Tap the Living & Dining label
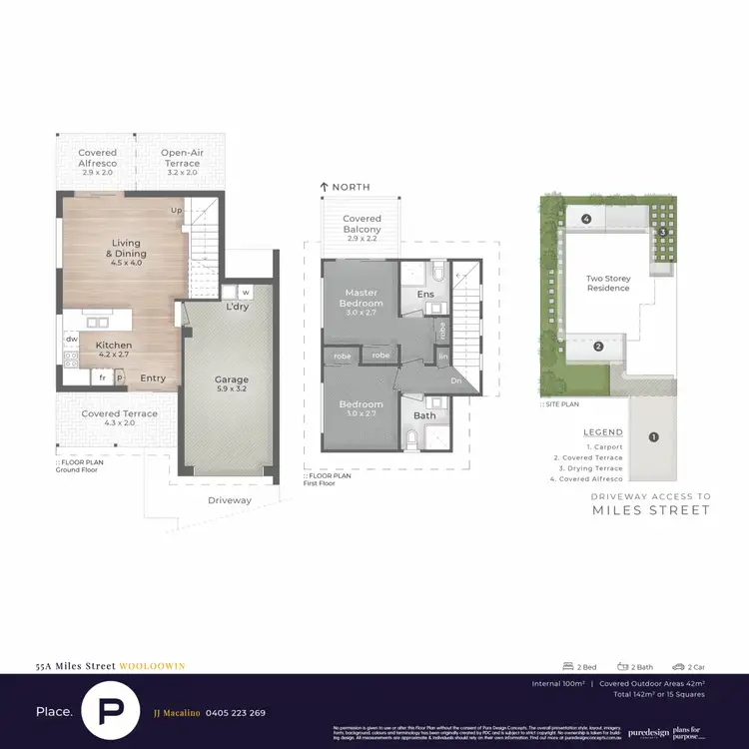pyautogui.click(x=126, y=249)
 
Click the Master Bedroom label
pyautogui.click(x=361, y=297)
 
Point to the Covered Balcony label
pyautogui.click(x=362, y=225)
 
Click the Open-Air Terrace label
pyautogui.click(x=182, y=158)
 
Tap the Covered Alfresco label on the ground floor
pyautogui.click(x=97, y=158)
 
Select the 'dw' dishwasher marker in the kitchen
pyautogui.click(x=72, y=340)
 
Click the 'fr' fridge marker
pyautogui.click(x=101, y=378)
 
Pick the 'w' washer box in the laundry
pyautogui.click(x=245, y=293)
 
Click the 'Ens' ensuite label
pyautogui.click(x=423, y=295)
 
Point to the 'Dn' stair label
pyautogui.click(x=456, y=380)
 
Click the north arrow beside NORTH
pyautogui.click(x=324, y=188)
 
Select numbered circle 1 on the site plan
pyautogui.click(x=653, y=435)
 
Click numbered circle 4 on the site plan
pyautogui.click(x=587, y=218)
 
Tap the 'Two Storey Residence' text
pyautogui.click(x=608, y=283)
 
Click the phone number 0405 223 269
pyautogui.click(x=236, y=713)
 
